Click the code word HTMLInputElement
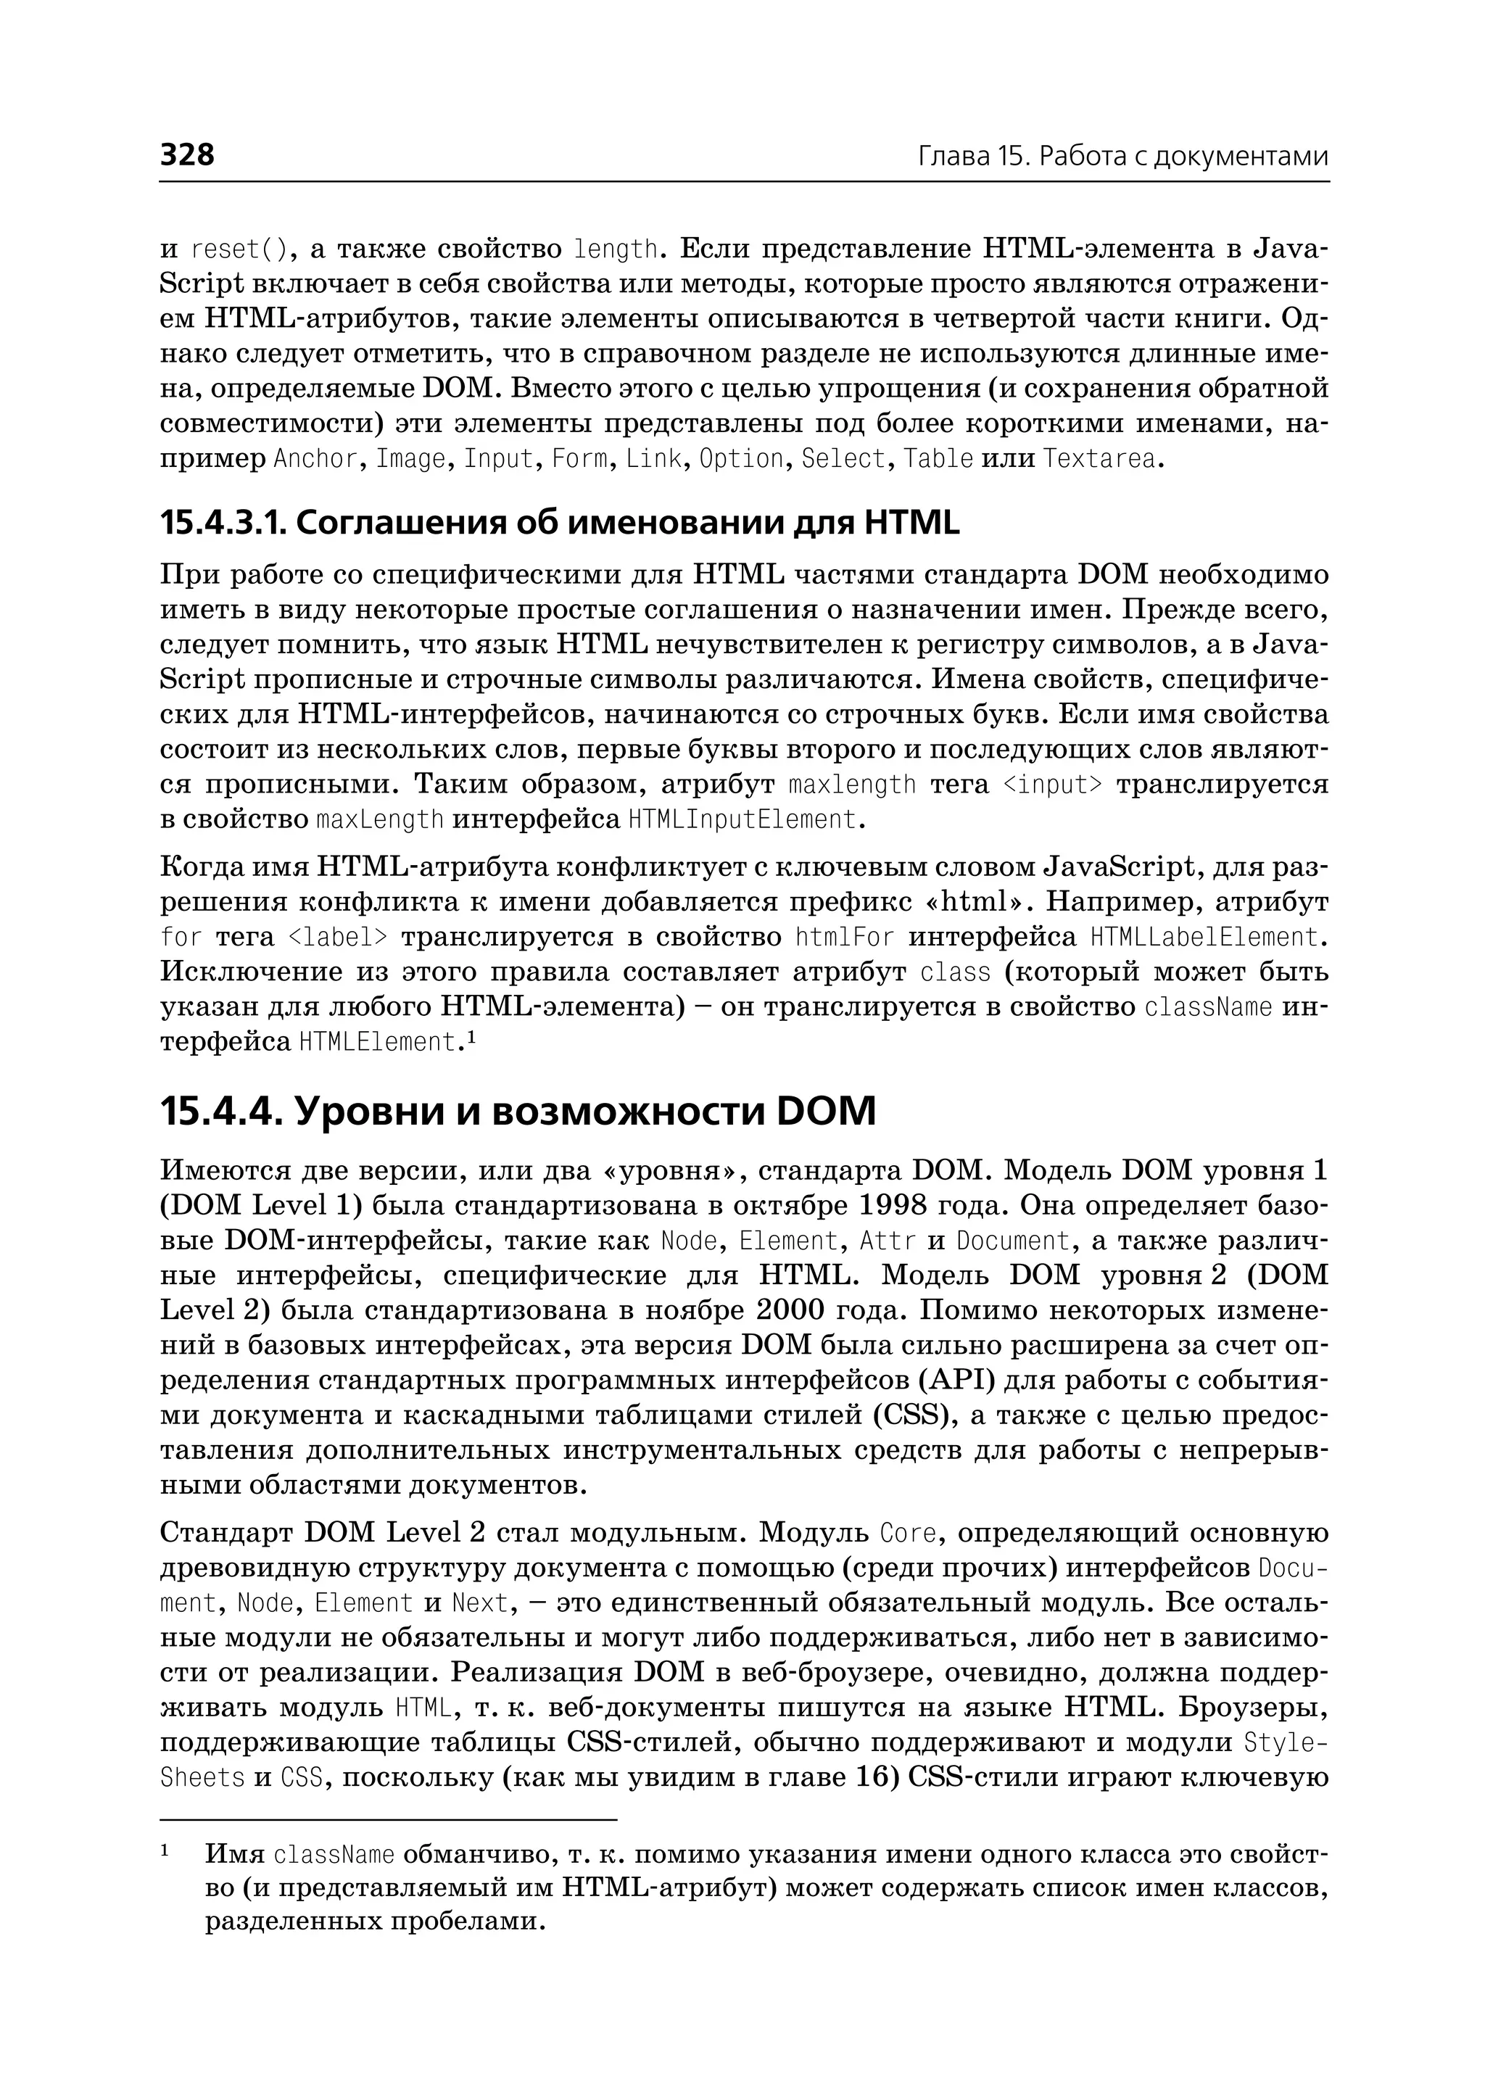[x=743, y=819]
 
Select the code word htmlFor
[x=844, y=938]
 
